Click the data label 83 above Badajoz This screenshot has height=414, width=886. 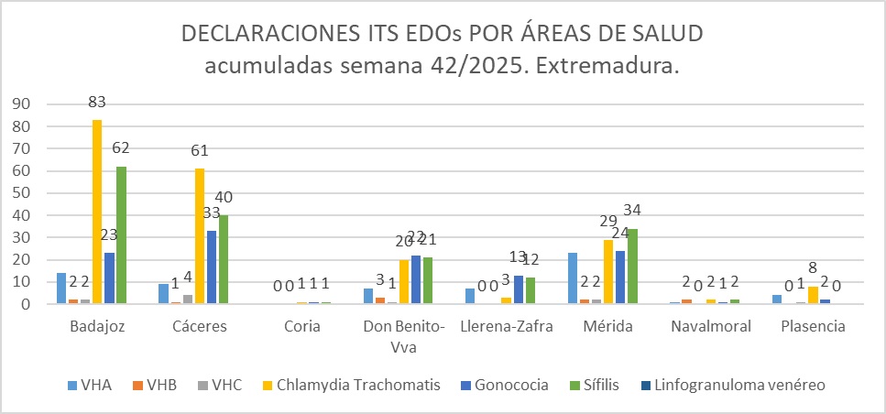click(97, 103)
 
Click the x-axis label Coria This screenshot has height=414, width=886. click(302, 327)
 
